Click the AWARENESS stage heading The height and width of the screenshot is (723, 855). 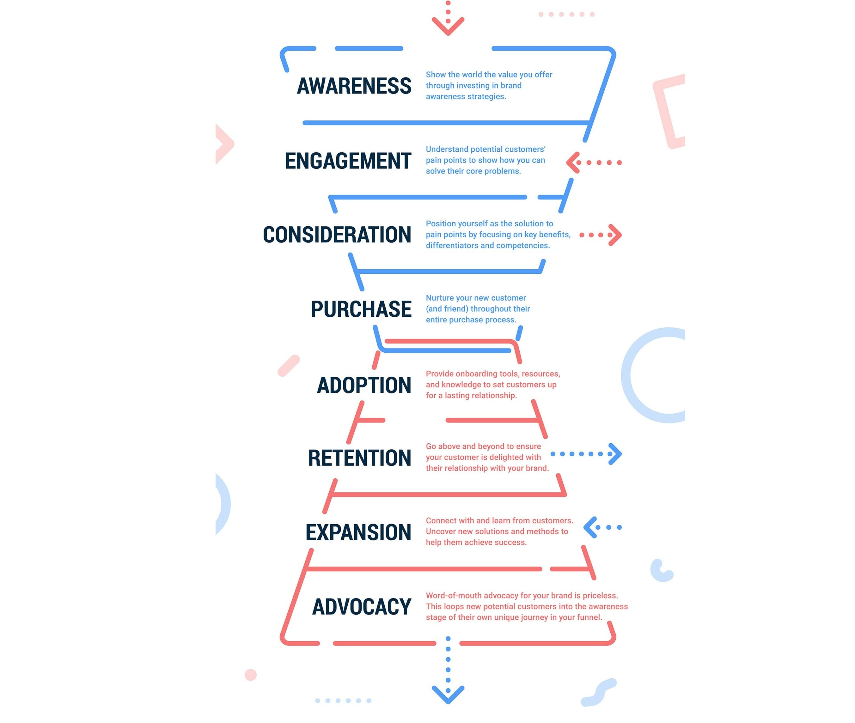click(x=354, y=86)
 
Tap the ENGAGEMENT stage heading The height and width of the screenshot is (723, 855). click(x=348, y=161)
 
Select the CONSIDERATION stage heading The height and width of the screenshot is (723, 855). click(x=337, y=235)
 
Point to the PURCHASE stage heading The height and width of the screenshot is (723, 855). click(x=361, y=309)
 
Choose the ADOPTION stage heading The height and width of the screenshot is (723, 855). click(x=364, y=385)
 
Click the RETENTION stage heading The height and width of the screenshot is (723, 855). click(x=359, y=458)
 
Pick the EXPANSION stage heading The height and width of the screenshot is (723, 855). click(x=358, y=532)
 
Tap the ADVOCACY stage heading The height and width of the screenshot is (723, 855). click(x=362, y=607)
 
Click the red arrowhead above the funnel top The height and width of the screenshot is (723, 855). click(x=448, y=27)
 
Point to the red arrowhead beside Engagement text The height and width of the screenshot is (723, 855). click(x=573, y=163)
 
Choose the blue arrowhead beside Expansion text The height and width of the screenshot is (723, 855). click(x=590, y=527)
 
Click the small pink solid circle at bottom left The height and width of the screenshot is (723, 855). click(x=250, y=675)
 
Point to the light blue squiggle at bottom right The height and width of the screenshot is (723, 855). click(x=599, y=692)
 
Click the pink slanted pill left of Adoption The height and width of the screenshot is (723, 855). click(x=289, y=365)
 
